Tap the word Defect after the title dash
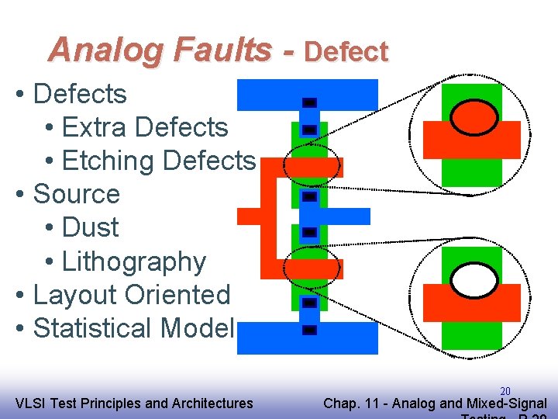point(346,52)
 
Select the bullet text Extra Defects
point(144,127)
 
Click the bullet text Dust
point(90,227)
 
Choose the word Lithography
point(133,261)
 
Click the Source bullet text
point(77,194)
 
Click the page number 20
point(505,391)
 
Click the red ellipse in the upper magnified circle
point(474,118)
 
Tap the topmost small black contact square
point(309,102)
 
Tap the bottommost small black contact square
point(309,331)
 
